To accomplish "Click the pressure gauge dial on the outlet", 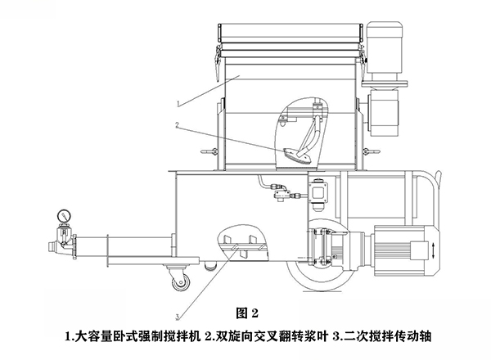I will (61, 214).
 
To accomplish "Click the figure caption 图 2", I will (245, 313).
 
